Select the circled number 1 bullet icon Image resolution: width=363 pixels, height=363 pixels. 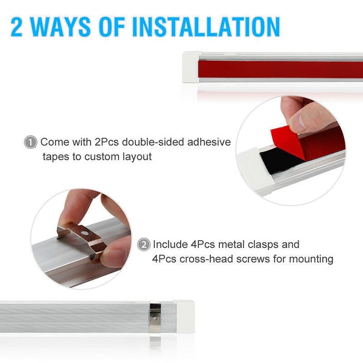tap(30, 142)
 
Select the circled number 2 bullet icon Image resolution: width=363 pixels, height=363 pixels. tap(143, 245)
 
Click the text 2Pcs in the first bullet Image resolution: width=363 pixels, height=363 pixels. tap(106, 142)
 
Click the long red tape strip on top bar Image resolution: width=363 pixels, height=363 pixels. tap(281, 69)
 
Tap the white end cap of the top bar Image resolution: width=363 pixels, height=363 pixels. tap(190, 67)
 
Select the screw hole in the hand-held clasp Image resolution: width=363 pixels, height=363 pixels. tap(84, 234)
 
